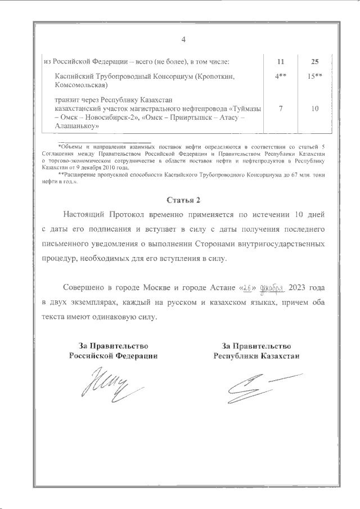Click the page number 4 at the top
click(x=183, y=39)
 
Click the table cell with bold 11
click(x=281, y=61)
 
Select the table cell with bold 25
click(x=315, y=61)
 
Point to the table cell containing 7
click(x=281, y=109)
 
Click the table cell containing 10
click(x=315, y=109)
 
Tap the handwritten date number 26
click(x=248, y=288)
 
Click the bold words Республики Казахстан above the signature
click(x=256, y=356)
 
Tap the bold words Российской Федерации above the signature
click(x=113, y=356)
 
